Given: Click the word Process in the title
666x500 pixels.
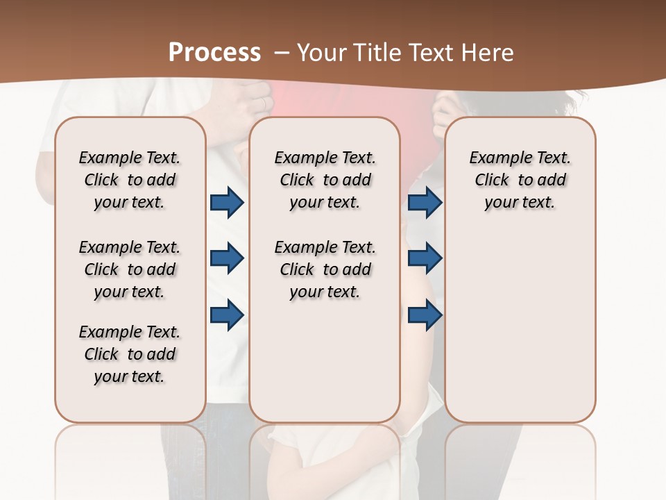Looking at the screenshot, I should click(x=214, y=53).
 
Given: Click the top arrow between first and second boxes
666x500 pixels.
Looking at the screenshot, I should click(x=227, y=202).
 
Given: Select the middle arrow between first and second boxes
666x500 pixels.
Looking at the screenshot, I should click(x=227, y=259).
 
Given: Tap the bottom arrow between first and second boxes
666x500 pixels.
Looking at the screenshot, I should click(x=227, y=315).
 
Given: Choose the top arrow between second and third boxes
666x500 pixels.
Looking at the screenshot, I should click(x=425, y=202).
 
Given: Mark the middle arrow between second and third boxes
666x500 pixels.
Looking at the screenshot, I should click(x=425, y=259).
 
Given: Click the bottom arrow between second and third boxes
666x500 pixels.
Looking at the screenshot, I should click(x=425, y=315).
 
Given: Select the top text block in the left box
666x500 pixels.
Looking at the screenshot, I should click(x=130, y=180).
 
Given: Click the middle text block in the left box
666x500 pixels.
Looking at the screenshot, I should click(x=130, y=269).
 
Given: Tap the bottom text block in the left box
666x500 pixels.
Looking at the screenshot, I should click(x=130, y=354).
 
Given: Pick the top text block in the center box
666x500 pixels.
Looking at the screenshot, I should click(x=325, y=180).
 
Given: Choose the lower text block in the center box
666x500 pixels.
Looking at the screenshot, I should click(x=325, y=269).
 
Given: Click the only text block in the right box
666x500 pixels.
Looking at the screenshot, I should click(x=520, y=180).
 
